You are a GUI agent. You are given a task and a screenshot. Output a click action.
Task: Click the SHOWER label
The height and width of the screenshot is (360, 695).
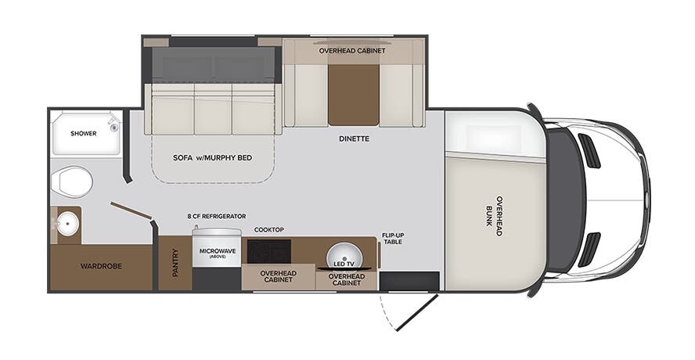pos(83,133)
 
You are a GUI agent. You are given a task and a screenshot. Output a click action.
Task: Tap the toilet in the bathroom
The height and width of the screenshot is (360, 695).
pos(70,182)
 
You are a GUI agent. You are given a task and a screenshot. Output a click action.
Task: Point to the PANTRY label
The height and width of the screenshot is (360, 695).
pos(175,263)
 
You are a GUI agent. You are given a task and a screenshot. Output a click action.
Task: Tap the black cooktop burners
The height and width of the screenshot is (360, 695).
pos(268,251)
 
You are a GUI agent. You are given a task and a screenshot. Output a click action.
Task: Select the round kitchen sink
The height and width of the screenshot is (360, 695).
pos(345,256)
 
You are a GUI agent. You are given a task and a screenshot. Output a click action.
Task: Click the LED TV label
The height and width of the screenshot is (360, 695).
pos(345,265)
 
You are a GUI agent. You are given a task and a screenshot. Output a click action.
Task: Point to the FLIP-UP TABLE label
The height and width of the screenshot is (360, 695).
pos(392,239)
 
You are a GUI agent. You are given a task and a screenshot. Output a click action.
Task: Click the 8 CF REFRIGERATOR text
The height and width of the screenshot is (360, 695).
pos(217,216)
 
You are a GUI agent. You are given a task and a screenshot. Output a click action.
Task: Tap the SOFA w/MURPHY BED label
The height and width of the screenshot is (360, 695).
pos(212,157)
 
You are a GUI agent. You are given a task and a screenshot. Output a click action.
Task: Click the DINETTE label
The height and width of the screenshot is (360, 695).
pos(354,139)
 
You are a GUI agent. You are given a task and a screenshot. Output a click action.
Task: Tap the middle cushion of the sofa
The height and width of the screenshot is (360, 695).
pos(213,114)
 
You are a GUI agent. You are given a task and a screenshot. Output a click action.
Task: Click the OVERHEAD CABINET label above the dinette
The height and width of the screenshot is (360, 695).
pos(353,50)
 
